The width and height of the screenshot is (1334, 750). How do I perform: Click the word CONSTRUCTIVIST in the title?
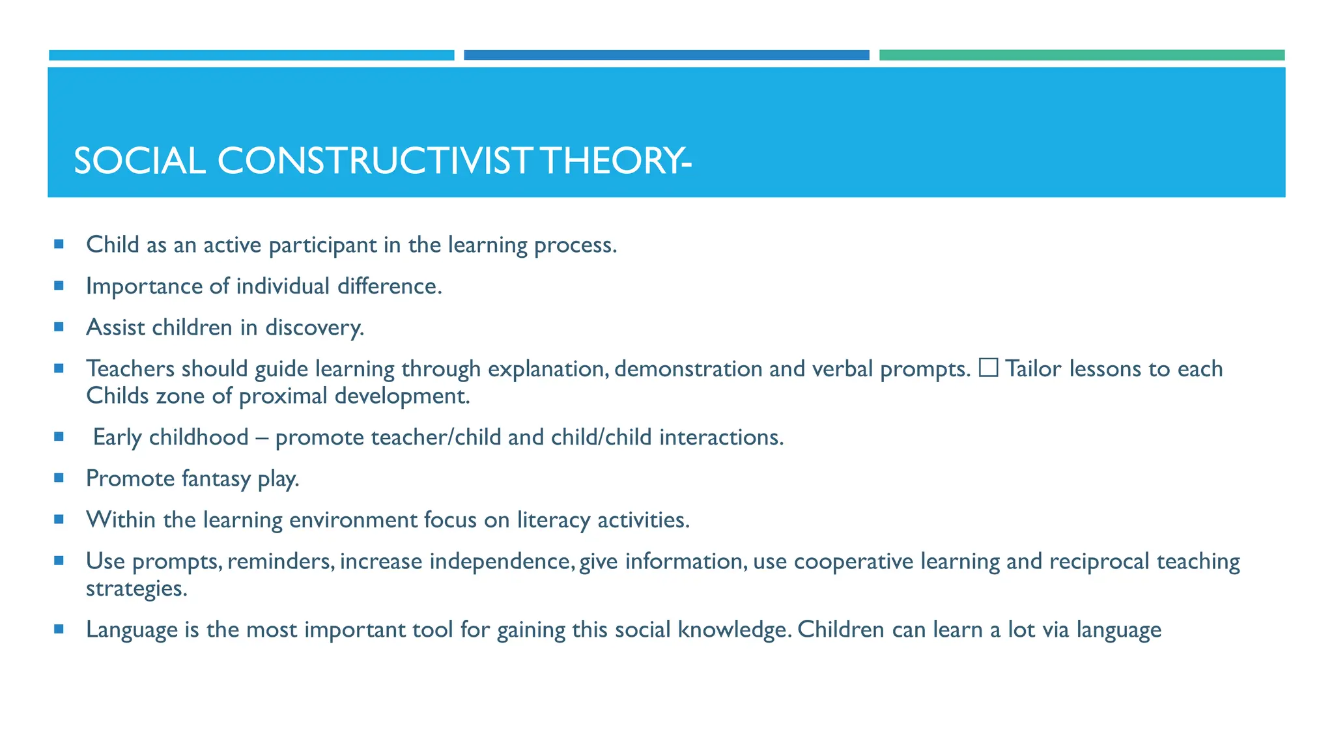click(375, 161)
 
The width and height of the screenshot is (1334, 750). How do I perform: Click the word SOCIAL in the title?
click(139, 161)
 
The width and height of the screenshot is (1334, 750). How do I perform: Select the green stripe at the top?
click(1081, 55)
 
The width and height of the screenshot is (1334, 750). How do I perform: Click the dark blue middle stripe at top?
click(666, 55)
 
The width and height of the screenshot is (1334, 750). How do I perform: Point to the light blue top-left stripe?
click(251, 55)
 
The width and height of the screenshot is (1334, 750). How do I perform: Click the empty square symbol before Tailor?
click(988, 368)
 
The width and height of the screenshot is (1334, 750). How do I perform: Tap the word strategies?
click(136, 589)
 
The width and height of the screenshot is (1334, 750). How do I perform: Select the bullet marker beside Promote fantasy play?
click(59, 478)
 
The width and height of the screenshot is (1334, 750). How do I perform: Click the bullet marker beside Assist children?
click(59, 327)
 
